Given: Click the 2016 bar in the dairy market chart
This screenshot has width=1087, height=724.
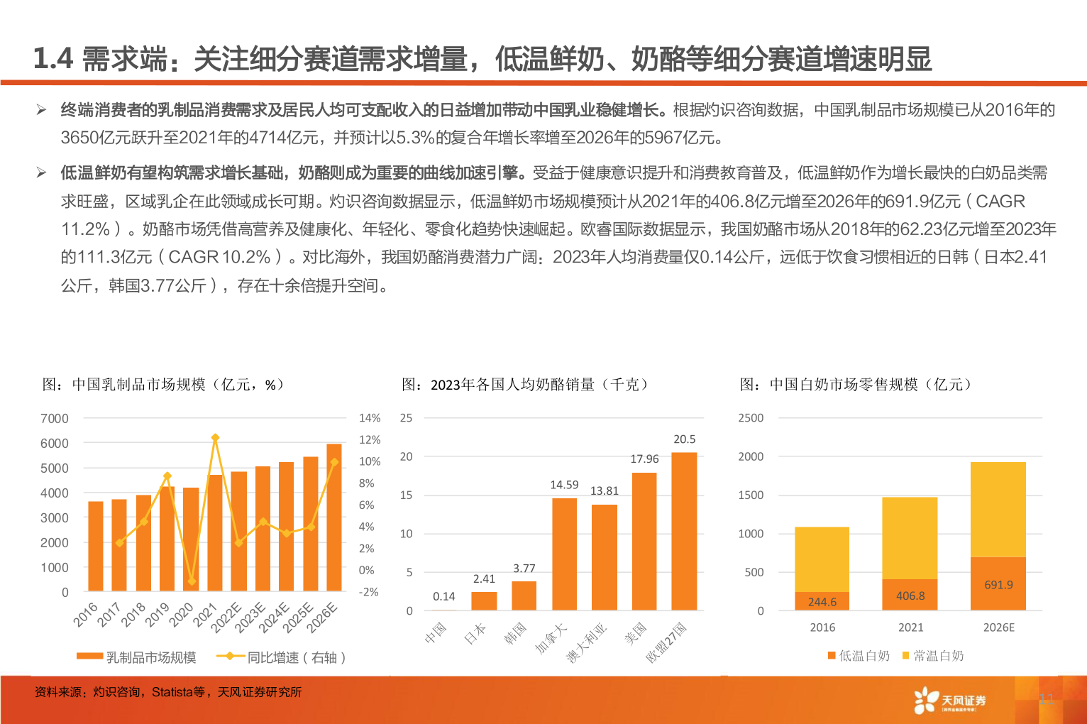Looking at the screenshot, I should point(95,546).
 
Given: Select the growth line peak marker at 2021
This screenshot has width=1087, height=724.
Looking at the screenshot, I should point(215,438).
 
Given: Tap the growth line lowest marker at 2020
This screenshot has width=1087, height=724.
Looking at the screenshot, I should point(191,581).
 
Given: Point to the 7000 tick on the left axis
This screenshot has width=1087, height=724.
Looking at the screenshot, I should point(55,419).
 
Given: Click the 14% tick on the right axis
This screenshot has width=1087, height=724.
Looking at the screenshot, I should point(370,418).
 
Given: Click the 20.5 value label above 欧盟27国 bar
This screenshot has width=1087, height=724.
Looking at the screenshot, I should point(684,439).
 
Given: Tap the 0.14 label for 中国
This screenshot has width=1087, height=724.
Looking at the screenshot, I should point(444,596).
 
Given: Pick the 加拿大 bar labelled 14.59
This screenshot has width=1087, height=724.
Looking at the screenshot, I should point(564,554).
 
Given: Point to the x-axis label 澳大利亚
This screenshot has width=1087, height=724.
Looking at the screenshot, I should point(587,642).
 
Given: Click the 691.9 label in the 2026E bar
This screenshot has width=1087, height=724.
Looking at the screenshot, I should point(998,585).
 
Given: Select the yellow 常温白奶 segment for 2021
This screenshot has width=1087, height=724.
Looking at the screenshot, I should point(910,537).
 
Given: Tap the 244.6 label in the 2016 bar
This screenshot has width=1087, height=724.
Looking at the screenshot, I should point(822,602).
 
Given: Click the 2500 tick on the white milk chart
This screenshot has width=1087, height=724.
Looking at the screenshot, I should point(751,418).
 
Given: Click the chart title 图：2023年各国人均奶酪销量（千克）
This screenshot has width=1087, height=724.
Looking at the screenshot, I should point(525,385).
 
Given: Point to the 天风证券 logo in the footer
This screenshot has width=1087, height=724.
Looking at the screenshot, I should point(950,701).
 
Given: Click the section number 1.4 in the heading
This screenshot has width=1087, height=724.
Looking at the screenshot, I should point(53,59).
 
